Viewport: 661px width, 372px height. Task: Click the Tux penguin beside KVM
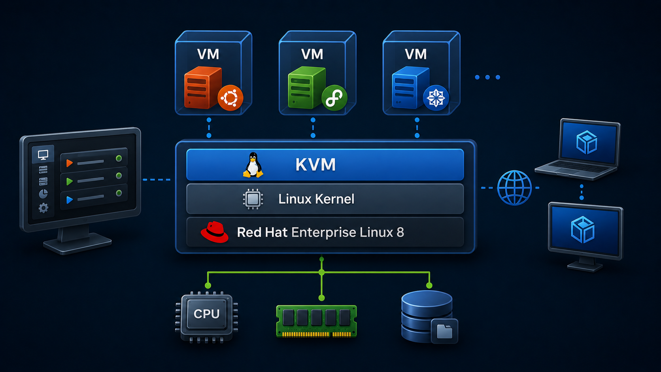click(x=253, y=165)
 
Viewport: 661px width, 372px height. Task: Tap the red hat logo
click(x=215, y=232)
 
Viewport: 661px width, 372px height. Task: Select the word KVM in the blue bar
click(x=315, y=164)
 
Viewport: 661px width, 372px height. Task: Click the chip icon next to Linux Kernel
click(x=253, y=199)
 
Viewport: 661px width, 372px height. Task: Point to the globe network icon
click(x=514, y=188)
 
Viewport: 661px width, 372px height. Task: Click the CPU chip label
click(x=206, y=314)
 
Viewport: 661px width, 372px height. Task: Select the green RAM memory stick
click(x=316, y=321)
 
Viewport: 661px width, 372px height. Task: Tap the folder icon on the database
click(x=444, y=331)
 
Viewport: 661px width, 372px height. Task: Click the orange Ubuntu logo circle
click(x=230, y=98)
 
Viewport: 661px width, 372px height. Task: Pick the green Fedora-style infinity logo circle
click(x=334, y=98)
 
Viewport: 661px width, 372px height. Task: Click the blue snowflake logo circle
click(x=436, y=98)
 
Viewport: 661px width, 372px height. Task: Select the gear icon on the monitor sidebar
click(x=43, y=208)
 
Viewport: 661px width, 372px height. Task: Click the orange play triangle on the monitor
click(x=70, y=163)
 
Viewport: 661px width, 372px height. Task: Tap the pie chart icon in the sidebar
click(x=43, y=194)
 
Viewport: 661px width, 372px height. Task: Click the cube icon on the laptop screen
click(x=587, y=142)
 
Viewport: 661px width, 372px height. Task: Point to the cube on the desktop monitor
click(x=582, y=230)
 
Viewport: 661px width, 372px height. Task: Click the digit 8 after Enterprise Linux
click(x=400, y=232)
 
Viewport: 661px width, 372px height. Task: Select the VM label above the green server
click(x=312, y=54)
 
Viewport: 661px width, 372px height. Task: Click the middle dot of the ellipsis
click(x=487, y=77)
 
